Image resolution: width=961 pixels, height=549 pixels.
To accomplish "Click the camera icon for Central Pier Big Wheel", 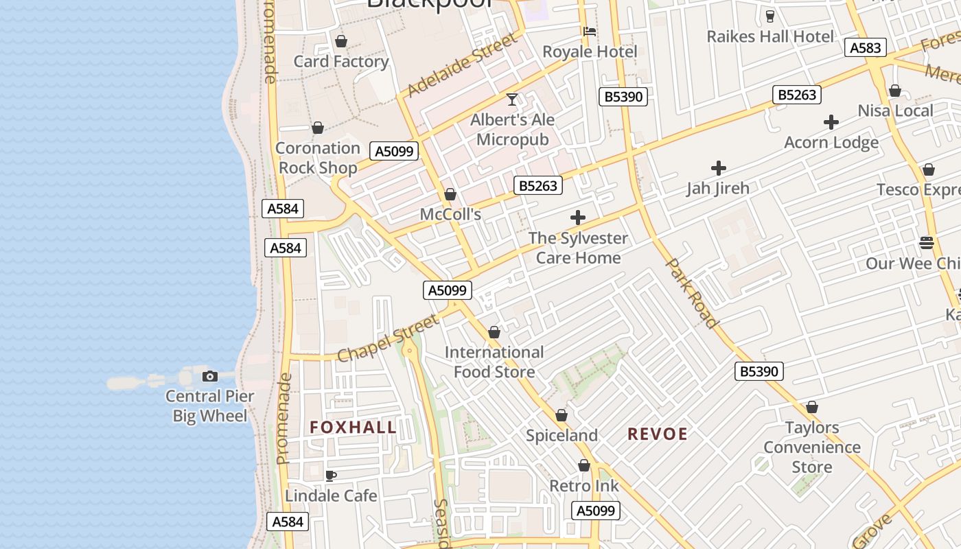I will pos(210,376).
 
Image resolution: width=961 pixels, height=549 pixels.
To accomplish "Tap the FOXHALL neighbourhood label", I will pos(353,428).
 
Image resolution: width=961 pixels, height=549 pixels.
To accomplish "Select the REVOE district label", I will pos(658,434).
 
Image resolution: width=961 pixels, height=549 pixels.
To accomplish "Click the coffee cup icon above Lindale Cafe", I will pos(331,475).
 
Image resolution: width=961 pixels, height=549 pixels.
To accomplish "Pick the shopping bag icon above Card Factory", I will pos(341,41).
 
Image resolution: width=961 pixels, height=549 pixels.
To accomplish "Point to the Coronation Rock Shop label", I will pos(317,158).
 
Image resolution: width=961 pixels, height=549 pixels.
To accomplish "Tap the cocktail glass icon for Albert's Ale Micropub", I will pos(512,100).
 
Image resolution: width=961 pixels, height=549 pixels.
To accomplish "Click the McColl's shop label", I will pos(450,214).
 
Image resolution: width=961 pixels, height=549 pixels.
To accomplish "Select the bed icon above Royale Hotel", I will pos(590,31).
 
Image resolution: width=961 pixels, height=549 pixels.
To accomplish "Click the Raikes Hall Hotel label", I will pos(770,36).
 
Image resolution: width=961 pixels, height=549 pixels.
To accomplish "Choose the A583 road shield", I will pos(865,47).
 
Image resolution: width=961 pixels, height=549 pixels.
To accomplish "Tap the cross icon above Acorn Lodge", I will pos(831,123).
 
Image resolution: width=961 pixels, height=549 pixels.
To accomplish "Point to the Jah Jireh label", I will pos(718,188).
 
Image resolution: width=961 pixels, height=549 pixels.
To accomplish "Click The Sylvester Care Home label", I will pos(578,248).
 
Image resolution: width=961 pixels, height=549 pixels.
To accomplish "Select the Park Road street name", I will pos(693,293).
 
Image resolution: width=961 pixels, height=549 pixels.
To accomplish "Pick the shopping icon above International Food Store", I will pos(494,333).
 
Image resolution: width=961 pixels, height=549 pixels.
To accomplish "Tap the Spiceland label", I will pos(561,435).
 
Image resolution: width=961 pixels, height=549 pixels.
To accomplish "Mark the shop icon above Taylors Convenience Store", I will pos(812,407).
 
